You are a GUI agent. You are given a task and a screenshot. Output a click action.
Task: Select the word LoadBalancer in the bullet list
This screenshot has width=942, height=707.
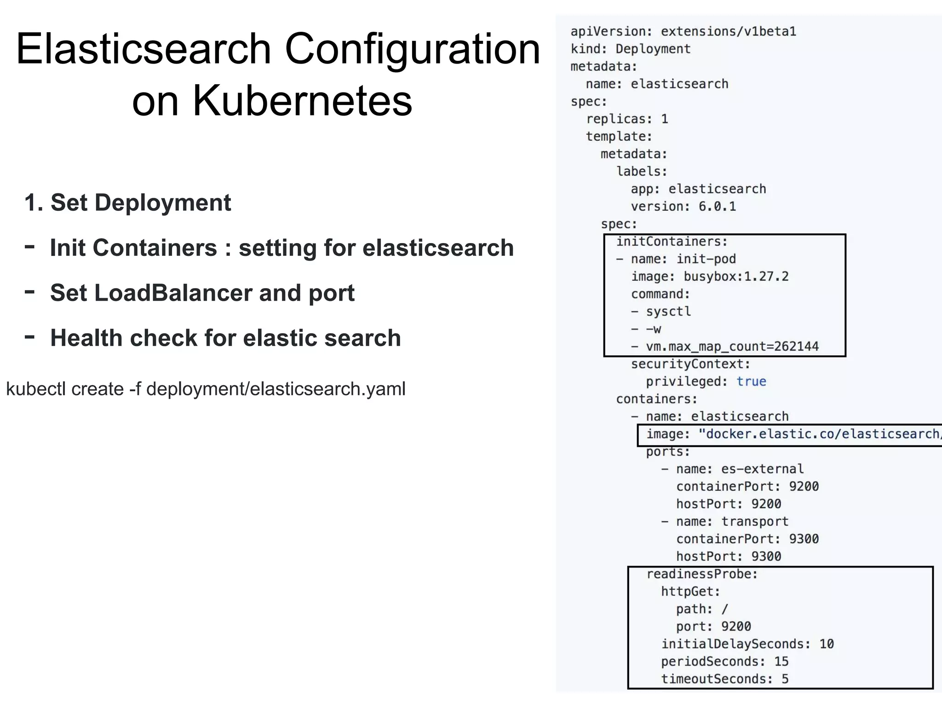pyautogui.click(x=150, y=293)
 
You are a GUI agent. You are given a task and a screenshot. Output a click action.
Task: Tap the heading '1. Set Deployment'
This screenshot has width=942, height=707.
pyautogui.click(x=127, y=203)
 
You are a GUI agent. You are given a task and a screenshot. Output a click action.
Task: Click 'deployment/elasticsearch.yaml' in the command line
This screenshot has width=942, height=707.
pyautogui.click(x=276, y=389)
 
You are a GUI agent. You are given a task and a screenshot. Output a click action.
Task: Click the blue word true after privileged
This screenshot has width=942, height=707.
pyautogui.click(x=751, y=382)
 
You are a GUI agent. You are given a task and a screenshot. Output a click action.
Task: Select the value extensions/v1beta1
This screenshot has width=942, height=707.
pyautogui.click(x=728, y=32)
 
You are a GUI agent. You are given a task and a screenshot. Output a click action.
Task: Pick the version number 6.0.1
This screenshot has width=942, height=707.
pyautogui.click(x=717, y=207)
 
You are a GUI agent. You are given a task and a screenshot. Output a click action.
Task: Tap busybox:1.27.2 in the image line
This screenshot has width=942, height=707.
pyautogui.click(x=736, y=277)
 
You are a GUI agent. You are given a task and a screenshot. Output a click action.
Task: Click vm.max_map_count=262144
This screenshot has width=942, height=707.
pyautogui.click(x=732, y=347)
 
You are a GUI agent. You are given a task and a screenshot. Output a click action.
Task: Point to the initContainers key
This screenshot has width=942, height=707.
pyautogui.click(x=672, y=242)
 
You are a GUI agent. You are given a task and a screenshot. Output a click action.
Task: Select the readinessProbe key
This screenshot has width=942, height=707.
pyautogui.click(x=702, y=574)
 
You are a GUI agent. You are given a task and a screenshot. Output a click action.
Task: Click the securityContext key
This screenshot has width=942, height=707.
pyautogui.click(x=690, y=364)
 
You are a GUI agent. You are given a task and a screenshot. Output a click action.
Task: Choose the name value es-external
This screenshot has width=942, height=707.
pyautogui.click(x=762, y=469)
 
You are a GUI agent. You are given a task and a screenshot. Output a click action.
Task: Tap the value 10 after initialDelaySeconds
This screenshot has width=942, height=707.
pyautogui.click(x=826, y=644)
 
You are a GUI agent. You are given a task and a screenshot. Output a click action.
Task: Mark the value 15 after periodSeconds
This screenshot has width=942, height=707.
pyautogui.click(x=781, y=661)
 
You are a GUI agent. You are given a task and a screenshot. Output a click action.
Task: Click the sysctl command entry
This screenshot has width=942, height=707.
pyautogui.click(x=668, y=312)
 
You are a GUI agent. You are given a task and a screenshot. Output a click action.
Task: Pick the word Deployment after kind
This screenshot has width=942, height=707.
pyautogui.click(x=653, y=49)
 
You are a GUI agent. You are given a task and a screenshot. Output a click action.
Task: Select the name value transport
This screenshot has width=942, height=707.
pyautogui.click(x=755, y=522)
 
